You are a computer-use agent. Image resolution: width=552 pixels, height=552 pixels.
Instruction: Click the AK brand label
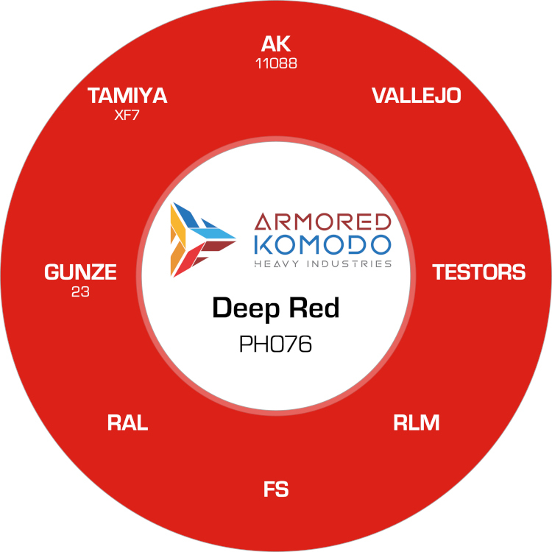276,44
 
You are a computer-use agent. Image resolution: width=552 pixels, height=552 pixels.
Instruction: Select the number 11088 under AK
276,64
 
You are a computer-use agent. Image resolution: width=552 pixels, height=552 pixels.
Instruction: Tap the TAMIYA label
127,96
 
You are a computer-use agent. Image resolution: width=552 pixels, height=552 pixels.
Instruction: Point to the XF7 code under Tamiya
127,115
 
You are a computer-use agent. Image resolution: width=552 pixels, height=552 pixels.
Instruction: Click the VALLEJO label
416,96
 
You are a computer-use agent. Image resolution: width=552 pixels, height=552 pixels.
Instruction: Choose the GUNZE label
80,272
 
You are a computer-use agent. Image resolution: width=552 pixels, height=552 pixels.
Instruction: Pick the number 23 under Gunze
80,292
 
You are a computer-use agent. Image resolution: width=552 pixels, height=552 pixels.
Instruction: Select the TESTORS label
479,272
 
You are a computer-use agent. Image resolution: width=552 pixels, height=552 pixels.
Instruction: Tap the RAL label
127,422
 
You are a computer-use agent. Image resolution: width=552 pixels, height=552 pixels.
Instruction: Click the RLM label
416,422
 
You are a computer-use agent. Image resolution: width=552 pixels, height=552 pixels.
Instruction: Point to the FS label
276,489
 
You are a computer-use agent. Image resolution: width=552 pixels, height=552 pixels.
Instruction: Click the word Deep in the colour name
246,308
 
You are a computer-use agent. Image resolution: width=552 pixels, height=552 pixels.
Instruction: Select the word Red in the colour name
314,308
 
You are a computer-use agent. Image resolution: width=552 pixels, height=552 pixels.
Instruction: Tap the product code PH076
275,344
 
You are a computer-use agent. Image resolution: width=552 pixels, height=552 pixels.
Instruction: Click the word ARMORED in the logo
322,222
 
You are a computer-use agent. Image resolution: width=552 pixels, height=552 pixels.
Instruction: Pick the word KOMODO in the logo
322,244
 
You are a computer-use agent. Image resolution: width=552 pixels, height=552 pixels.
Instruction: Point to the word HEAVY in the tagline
277,263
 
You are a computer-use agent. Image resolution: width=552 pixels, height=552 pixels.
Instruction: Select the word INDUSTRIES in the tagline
349,263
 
